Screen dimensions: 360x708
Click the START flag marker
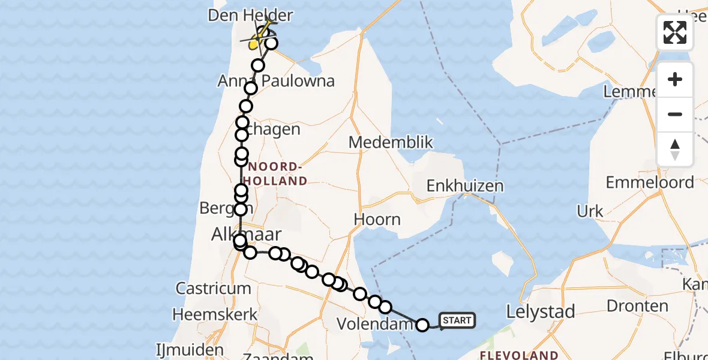click(x=457, y=320)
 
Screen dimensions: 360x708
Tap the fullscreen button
click(x=675, y=32)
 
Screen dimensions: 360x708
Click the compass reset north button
click(x=675, y=149)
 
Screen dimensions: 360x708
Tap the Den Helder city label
click(x=250, y=15)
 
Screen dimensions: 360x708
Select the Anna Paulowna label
click(x=277, y=81)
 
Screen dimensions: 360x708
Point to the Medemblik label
click(x=391, y=143)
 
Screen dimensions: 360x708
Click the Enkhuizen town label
click(x=465, y=186)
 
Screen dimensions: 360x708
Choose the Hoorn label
click(x=377, y=219)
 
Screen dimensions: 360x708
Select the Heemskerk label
click(x=215, y=314)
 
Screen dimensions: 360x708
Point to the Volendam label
click(x=375, y=324)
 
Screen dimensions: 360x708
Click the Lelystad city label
click(x=541, y=311)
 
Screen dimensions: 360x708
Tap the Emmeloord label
click(x=650, y=182)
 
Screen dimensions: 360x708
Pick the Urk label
click(x=590, y=211)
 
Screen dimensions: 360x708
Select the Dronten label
click(x=637, y=306)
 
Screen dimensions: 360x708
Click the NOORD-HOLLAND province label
click(x=277, y=173)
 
